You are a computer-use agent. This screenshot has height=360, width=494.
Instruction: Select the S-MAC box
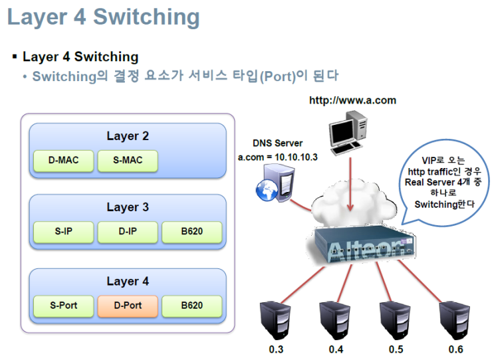[x=127, y=160]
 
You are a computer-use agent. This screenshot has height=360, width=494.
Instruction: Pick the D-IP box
[x=127, y=232]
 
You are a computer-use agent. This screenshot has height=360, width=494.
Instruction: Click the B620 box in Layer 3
[x=191, y=232]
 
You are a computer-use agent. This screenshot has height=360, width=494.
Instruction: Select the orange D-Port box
[x=127, y=306]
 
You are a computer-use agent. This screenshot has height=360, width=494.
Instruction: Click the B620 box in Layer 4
[x=191, y=306]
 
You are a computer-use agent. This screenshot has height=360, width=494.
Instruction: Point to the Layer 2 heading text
[x=128, y=136]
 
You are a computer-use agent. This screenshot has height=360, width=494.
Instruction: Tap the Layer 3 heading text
[x=128, y=208]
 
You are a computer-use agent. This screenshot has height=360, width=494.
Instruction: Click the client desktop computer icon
[x=350, y=133]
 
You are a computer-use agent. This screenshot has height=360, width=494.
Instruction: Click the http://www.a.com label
[x=352, y=100]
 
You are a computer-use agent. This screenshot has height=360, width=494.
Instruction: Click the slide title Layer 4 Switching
[x=103, y=17]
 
